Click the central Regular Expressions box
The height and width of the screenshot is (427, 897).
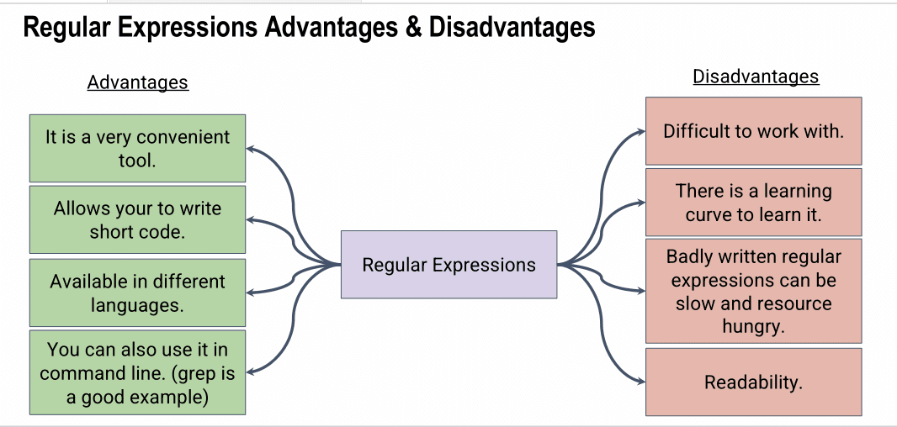pyautogui.click(x=449, y=265)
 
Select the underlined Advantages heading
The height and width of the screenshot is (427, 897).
pyautogui.click(x=138, y=82)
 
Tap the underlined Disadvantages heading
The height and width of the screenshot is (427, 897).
pyautogui.click(x=756, y=76)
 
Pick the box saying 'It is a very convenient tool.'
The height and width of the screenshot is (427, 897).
pyautogui.click(x=137, y=148)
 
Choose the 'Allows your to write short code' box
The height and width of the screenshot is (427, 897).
pyautogui.click(x=137, y=219)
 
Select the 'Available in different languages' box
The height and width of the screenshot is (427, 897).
pyautogui.click(x=137, y=293)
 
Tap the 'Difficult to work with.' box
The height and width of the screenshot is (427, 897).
pyautogui.click(x=753, y=131)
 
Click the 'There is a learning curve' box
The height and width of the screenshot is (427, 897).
pyautogui.click(x=753, y=202)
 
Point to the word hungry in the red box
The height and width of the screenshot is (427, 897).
pyautogui.click(x=753, y=326)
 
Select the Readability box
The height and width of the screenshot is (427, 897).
pyautogui.click(x=753, y=382)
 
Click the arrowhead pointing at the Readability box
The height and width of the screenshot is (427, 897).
pyautogui.click(x=641, y=382)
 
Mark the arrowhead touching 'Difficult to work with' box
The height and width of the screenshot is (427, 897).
pyautogui.click(x=641, y=131)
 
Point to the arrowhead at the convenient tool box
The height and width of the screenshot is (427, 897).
pyautogui.click(x=251, y=149)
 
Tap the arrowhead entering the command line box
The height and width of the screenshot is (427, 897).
pyautogui.click(x=251, y=372)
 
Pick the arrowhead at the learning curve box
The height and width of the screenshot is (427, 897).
pyautogui.click(x=641, y=202)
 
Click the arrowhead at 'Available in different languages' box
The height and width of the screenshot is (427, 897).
pyautogui.click(x=251, y=293)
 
